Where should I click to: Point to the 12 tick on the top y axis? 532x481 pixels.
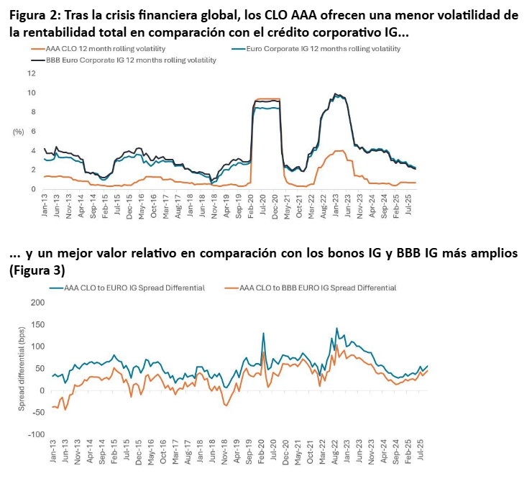pos(30,73)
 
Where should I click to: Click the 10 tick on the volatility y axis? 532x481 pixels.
pos(30,93)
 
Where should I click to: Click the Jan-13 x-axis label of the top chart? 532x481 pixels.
pos(45,206)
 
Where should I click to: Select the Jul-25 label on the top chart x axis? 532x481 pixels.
pos(408,206)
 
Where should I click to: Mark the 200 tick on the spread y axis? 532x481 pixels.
pos(36,303)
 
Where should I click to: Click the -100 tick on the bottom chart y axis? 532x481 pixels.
pos(35,435)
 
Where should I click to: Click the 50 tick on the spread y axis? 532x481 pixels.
pos(40,369)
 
